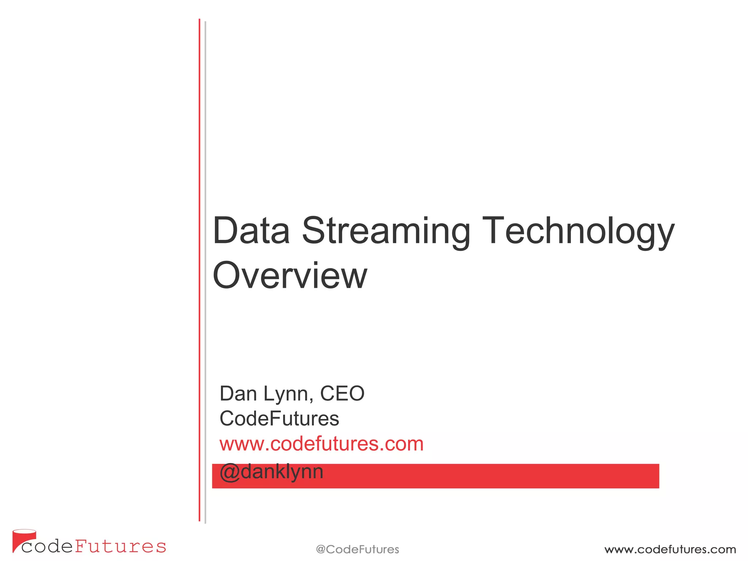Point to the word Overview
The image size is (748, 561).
(x=290, y=275)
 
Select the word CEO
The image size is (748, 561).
(x=342, y=394)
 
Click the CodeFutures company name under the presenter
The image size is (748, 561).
(x=279, y=419)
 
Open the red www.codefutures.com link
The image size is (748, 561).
(x=321, y=444)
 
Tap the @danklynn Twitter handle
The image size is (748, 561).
(x=272, y=472)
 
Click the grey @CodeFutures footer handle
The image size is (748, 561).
(x=357, y=549)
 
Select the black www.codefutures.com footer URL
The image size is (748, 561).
(x=670, y=549)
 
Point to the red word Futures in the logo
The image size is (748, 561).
(x=121, y=547)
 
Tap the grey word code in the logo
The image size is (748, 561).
(x=47, y=547)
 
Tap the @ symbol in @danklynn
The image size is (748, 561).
(x=229, y=472)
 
